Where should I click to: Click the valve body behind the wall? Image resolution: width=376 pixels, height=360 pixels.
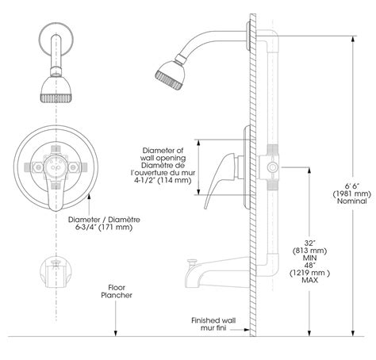tap(270, 167)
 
